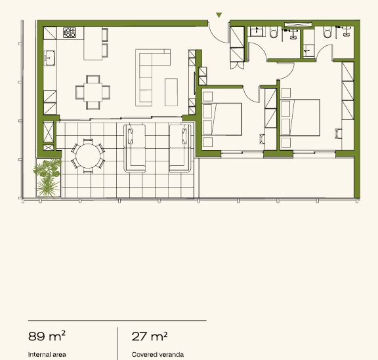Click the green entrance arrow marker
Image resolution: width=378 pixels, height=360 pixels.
click(x=219, y=15)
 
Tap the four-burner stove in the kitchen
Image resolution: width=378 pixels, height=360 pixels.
click(x=70, y=33)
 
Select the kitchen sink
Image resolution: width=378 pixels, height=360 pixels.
click(x=49, y=58)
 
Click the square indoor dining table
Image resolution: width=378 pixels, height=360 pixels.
click(x=93, y=92)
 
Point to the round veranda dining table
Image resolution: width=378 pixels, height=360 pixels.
click(x=88, y=156)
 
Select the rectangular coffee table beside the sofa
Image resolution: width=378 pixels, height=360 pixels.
click(x=171, y=92)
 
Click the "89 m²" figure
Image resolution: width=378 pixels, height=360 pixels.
click(x=47, y=336)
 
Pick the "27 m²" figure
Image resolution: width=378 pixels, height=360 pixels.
click(x=150, y=336)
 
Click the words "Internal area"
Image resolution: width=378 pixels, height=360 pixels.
click(x=47, y=355)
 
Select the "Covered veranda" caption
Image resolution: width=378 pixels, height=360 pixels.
click(x=157, y=355)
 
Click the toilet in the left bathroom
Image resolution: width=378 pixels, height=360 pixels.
click(x=274, y=32)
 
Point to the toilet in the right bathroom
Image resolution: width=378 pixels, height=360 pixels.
click(x=327, y=32)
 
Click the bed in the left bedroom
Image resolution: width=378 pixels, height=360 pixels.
click(x=222, y=119)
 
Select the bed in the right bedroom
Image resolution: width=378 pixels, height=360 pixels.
click(x=301, y=117)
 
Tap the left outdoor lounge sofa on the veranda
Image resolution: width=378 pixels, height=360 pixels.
click(x=135, y=149)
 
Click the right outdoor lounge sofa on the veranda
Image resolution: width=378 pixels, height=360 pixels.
click(x=180, y=149)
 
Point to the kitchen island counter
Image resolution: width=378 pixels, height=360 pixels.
click(x=93, y=43)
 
